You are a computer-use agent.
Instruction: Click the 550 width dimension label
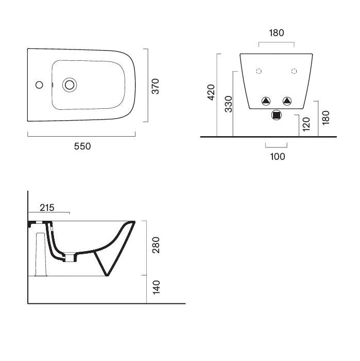click(82, 146)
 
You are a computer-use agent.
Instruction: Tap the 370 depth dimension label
click(156, 86)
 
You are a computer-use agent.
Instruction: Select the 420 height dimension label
click(211, 92)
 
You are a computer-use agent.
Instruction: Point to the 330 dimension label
click(229, 104)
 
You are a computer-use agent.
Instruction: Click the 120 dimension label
click(306, 124)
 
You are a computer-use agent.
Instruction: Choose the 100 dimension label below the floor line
click(278, 157)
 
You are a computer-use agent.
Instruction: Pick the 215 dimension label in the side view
click(47, 208)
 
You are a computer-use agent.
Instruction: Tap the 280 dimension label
click(156, 245)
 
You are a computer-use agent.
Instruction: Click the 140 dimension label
click(157, 287)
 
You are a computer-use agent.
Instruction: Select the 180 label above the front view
click(277, 33)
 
